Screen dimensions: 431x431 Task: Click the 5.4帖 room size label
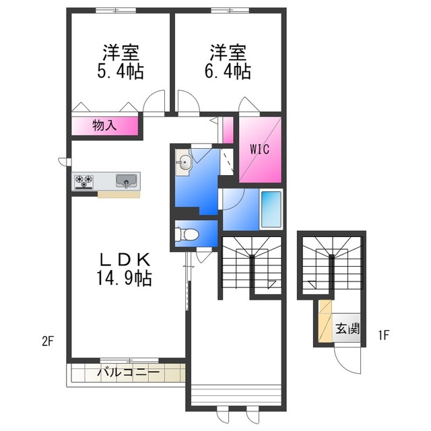click(122, 71)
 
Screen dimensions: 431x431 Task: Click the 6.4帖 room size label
click(228, 71)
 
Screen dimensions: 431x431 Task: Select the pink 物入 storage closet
click(105, 126)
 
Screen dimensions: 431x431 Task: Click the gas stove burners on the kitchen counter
click(84, 180)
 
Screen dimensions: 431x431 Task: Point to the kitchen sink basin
click(126, 180)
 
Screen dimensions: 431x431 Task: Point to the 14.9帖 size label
click(123, 277)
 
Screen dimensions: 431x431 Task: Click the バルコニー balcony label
click(127, 372)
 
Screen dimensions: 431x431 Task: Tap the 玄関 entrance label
click(347, 329)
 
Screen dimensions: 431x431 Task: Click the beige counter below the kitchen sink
click(119, 195)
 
